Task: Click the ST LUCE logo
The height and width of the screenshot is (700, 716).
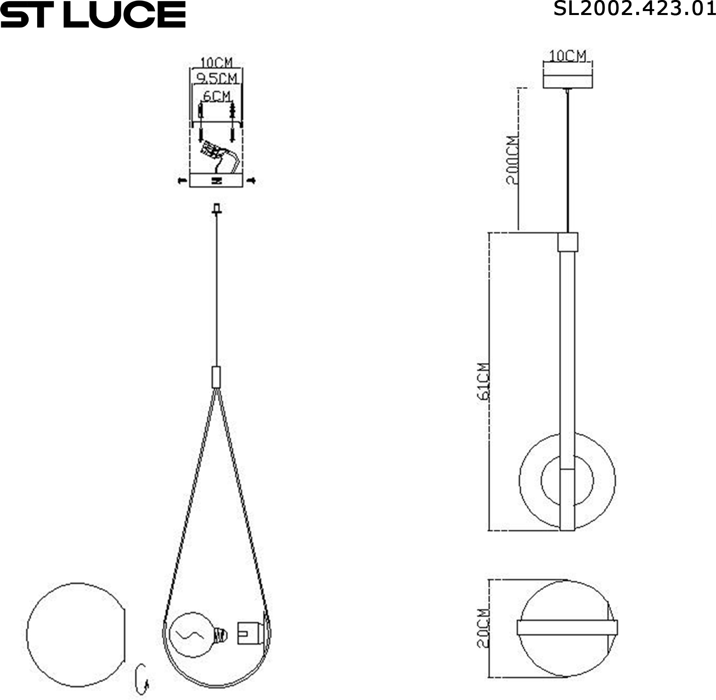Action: [93, 14]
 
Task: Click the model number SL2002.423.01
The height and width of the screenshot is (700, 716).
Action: [634, 9]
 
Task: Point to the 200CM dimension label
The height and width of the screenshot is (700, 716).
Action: [512, 160]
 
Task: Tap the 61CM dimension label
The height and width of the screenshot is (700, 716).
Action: [484, 381]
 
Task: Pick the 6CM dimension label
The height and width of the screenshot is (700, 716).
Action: [217, 96]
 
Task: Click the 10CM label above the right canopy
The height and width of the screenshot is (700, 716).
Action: [567, 56]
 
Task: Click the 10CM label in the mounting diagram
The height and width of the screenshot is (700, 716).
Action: [217, 62]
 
